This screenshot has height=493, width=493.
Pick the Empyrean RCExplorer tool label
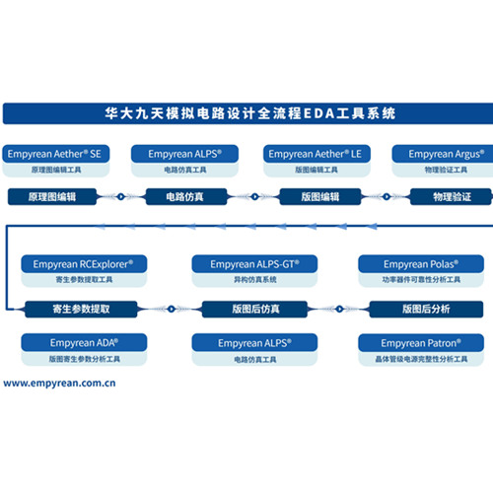pos(84,264)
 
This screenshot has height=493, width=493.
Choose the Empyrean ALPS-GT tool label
pos(254,264)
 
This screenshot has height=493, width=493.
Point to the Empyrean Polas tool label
pos(421,264)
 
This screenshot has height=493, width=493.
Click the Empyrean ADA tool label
pos(84,343)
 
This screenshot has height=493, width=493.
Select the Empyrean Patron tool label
pos(421,343)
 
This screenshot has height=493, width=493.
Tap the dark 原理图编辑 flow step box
pos(52,197)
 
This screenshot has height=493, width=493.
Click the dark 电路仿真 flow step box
pos(186,197)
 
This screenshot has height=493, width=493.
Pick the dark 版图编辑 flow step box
pos(320,197)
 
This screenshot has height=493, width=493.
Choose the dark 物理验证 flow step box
pos(452,197)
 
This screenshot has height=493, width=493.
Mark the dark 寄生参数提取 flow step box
pos(81,309)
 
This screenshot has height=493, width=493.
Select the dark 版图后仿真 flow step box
pos(254,309)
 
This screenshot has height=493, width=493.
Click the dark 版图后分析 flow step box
pos(426,309)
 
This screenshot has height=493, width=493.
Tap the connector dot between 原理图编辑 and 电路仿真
pos(121,197)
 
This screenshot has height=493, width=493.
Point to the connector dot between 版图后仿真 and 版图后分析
pos(339,309)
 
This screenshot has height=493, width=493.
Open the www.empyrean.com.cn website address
pos(59,384)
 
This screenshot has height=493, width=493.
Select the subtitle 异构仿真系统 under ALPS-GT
pos(255,280)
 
